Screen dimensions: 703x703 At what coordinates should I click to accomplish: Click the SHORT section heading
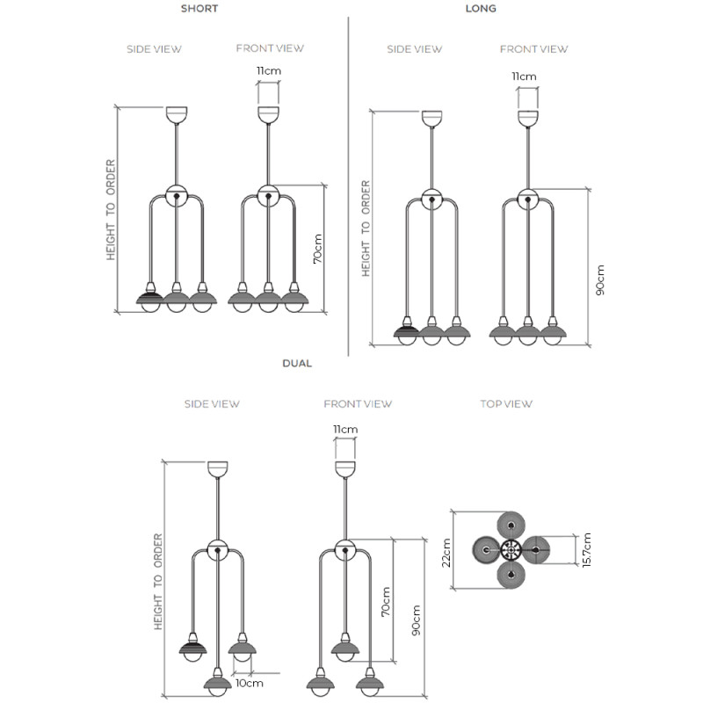coord(199,9)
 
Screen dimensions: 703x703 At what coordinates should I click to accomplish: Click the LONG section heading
coord(481,9)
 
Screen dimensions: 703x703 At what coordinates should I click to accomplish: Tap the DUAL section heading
coord(297,363)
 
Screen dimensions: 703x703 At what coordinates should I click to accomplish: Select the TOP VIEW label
coord(505,404)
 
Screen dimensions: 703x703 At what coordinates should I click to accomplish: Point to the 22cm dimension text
coord(446,552)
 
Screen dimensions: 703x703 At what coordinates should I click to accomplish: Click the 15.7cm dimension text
coord(586,550)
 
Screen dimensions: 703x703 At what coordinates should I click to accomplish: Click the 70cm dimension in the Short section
coord(317,249)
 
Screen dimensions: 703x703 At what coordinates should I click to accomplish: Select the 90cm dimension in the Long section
coord(600,279)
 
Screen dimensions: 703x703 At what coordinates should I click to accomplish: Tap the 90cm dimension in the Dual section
coord(416,620)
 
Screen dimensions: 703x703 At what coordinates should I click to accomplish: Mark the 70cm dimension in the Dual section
coord(385,601)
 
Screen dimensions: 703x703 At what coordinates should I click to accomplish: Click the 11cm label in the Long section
coord(525,76)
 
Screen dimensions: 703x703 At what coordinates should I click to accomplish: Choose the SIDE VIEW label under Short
coord(155,49)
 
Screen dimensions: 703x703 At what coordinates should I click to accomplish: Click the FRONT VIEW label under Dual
coord(358,404)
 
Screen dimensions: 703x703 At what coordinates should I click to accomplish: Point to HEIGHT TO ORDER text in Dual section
coord(159,580)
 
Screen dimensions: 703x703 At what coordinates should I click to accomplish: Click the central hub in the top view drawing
coord(511,550)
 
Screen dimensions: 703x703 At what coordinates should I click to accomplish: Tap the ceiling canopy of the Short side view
coord(178,114)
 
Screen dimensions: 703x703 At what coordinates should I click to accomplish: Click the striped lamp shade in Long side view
coord(406,332)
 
